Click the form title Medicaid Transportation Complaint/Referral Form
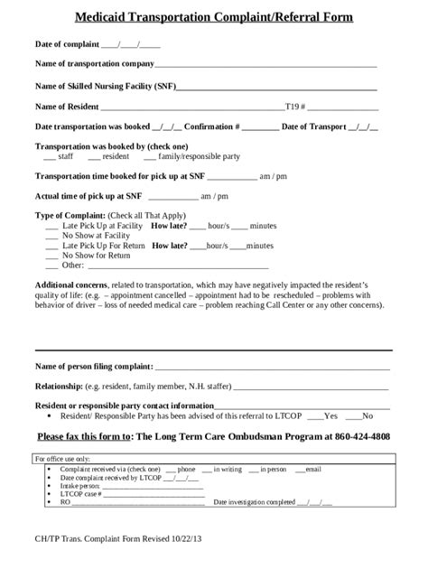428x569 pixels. [x=214, y=17]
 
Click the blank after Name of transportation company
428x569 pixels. [x=265, y=65]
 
